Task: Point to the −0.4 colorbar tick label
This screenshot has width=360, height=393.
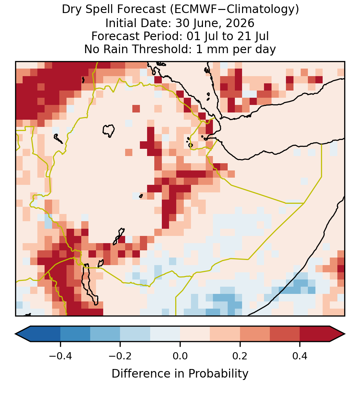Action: tap(60, 356)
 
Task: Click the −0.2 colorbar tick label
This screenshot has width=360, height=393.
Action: tap(120, 356)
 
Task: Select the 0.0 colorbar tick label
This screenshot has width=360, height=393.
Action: tap(180, 356)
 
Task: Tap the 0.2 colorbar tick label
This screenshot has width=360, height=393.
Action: tap(240, 356)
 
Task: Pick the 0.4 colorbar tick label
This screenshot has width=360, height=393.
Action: tap(300, 356)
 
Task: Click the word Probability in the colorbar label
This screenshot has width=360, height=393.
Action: tap(218, 374)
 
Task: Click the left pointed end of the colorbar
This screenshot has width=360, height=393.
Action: tap(15, 334)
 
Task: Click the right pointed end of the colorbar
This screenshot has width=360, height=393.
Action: tap(345, 334)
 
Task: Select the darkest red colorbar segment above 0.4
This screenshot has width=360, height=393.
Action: tap(315, 334)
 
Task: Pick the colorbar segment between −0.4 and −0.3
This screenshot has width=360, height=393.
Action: tap(75, 334)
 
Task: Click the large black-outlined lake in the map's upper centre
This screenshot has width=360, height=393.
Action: tap(108, 130)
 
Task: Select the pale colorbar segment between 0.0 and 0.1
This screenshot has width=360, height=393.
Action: tap(195, 334)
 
